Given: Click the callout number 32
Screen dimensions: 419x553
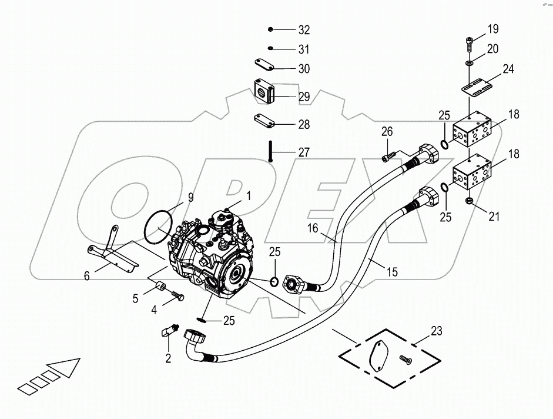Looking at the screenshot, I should tap(304, 30).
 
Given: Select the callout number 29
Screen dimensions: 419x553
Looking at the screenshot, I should tap(303, 97).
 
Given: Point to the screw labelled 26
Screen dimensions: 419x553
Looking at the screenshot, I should tap(388, 157).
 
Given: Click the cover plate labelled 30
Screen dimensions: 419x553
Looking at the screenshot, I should tap(266, 64).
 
